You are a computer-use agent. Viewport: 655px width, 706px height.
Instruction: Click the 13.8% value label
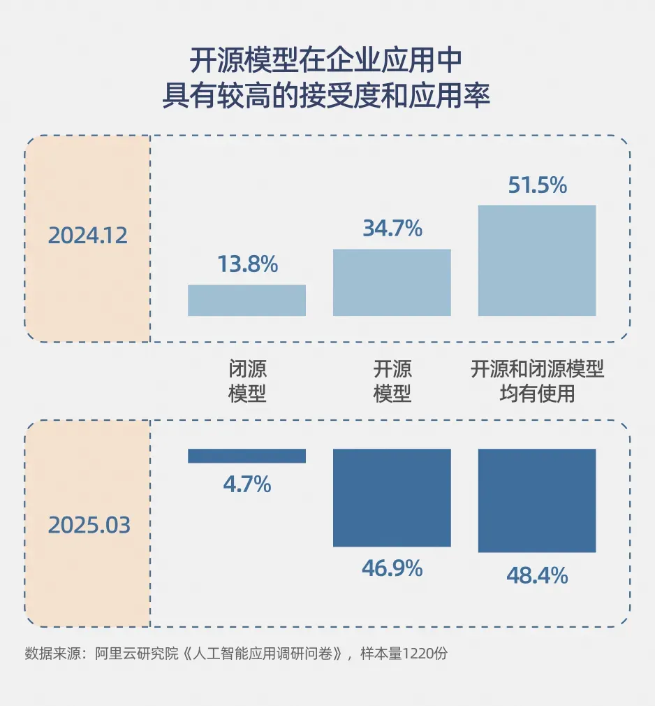[x=247, y=264]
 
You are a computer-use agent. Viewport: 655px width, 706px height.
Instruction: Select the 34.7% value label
[x=392, y=228]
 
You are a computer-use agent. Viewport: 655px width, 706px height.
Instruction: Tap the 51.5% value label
[x=537, y=185]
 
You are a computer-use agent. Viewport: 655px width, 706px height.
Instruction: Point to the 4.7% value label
[x=247, y=484]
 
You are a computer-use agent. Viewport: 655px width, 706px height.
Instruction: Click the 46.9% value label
[x=392, y=568]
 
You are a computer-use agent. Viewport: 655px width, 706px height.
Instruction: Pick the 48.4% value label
[x=537, y=576]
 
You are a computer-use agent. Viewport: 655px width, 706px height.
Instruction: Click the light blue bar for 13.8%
[x=247, y=301]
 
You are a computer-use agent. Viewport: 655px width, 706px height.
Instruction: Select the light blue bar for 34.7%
[x=392, y=282]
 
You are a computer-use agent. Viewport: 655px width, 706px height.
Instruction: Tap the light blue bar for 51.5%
[x=537, y=260]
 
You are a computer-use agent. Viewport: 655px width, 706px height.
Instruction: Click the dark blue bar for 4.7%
[x=247, y=456]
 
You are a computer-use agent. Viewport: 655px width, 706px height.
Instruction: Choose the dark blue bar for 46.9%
[x=392, y=498]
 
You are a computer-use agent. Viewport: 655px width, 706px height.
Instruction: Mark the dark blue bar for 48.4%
[x=537, y=500]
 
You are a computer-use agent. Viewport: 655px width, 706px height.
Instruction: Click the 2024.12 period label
[x=88, y=236]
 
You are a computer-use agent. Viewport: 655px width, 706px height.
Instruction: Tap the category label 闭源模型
[x=247, y=381]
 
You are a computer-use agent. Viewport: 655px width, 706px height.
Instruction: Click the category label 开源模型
[x=392, y=381]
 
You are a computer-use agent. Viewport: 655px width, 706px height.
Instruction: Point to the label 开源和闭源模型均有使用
[x=537, y=381]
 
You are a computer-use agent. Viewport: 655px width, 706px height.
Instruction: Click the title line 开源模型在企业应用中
[x=327, y=62]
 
